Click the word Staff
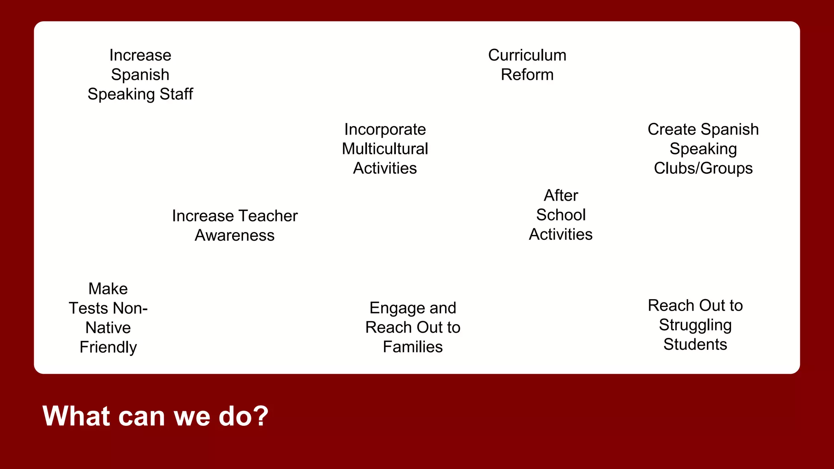coord(176,94)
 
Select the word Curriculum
coord(527,55)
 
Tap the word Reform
coord(527,75)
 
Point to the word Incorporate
coord(385,129)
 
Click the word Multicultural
coord(385,149)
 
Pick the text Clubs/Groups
coord(703,169)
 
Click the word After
coord(561,195)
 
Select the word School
coord(561,215)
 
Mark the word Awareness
coord(235,236)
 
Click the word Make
coord(108,289)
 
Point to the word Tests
coord(88,309)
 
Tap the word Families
coord(413,347)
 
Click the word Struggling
coord(695,325)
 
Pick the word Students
coord(695,345)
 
